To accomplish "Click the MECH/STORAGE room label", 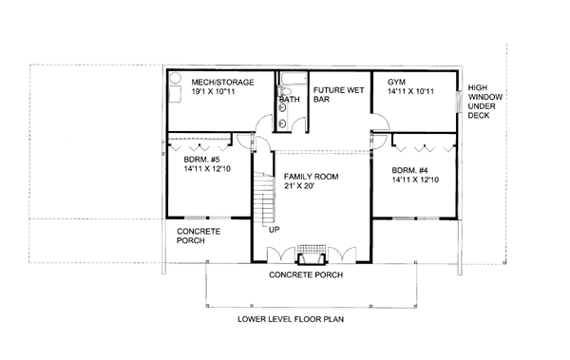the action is click(x=222, y=83).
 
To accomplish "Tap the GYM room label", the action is click(x=396, y=83).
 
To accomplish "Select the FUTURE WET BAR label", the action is click(x=338, y=95).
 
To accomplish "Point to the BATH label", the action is click(x=290, y=100).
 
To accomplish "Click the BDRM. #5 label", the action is click(x=201, y=160).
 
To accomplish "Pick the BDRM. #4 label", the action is click(x=409, y=170).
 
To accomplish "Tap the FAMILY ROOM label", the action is click(x=312, y=177).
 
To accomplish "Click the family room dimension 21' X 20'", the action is click(x=299, y=186).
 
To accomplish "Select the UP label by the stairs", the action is click(x=275, y=230).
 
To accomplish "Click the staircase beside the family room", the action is click(x=263, y=199).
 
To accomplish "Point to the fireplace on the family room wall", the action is click(x=311, y=254).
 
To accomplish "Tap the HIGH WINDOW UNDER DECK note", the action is click(x=484, y=102).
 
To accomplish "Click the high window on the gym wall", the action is click(x=458, y=101).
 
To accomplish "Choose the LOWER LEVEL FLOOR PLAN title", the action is click(x=291, y=319).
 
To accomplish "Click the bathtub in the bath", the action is click(x=294, y=78).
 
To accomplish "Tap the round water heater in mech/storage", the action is click(x=176, y=78).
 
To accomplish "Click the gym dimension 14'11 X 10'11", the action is click(x=410, y=91).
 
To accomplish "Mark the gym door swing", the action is click(x=381, y=122).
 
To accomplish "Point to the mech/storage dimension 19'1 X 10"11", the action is click(x=213, y=91).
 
